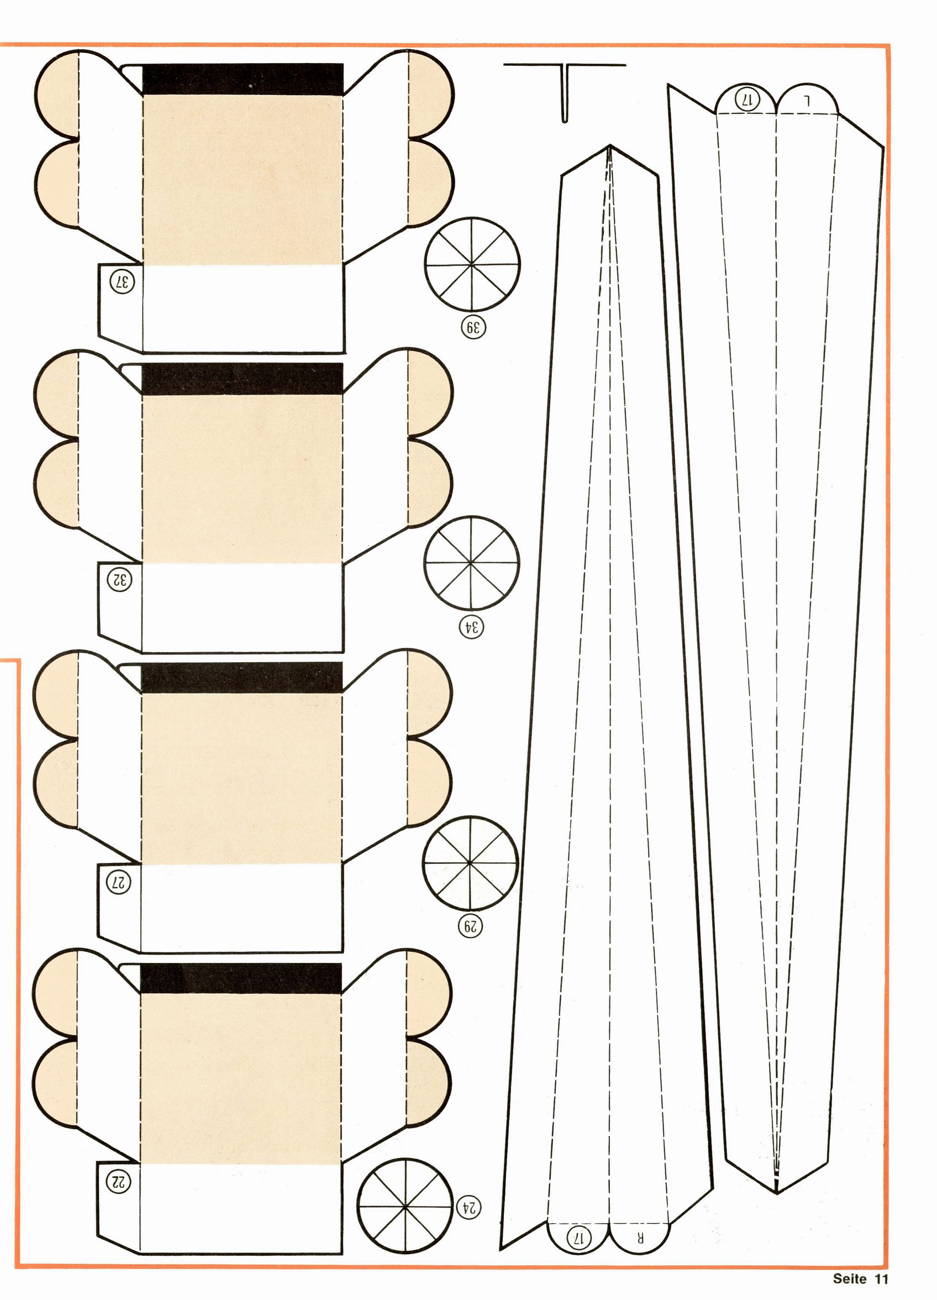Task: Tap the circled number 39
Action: click(473, 328)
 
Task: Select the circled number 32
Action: click(121, 580)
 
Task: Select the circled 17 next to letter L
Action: click(747, 99)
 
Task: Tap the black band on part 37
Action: click(243, 79)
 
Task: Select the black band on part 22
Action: click(241, 978)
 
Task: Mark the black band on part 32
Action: click(242, 379)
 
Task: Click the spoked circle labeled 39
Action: click(472, 265)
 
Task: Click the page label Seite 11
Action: click(860, 1279)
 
